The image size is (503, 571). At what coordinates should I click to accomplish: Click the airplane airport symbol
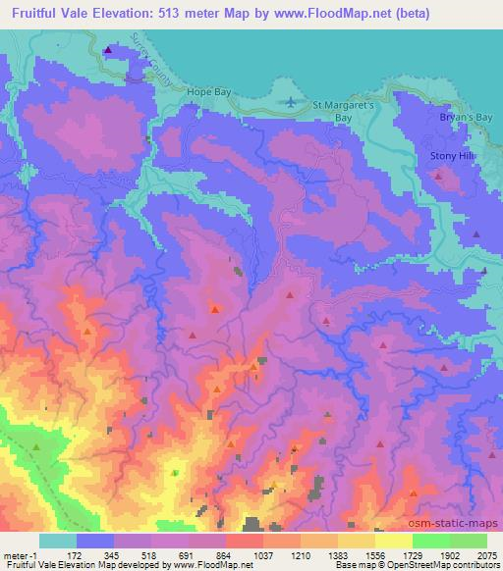click(292, 102)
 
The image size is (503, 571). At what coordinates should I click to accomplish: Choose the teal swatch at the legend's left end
click(58, 541)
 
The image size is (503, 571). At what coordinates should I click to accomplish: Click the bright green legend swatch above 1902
click(431, 541)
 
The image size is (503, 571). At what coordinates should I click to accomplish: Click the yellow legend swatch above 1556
click(357, 541)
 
